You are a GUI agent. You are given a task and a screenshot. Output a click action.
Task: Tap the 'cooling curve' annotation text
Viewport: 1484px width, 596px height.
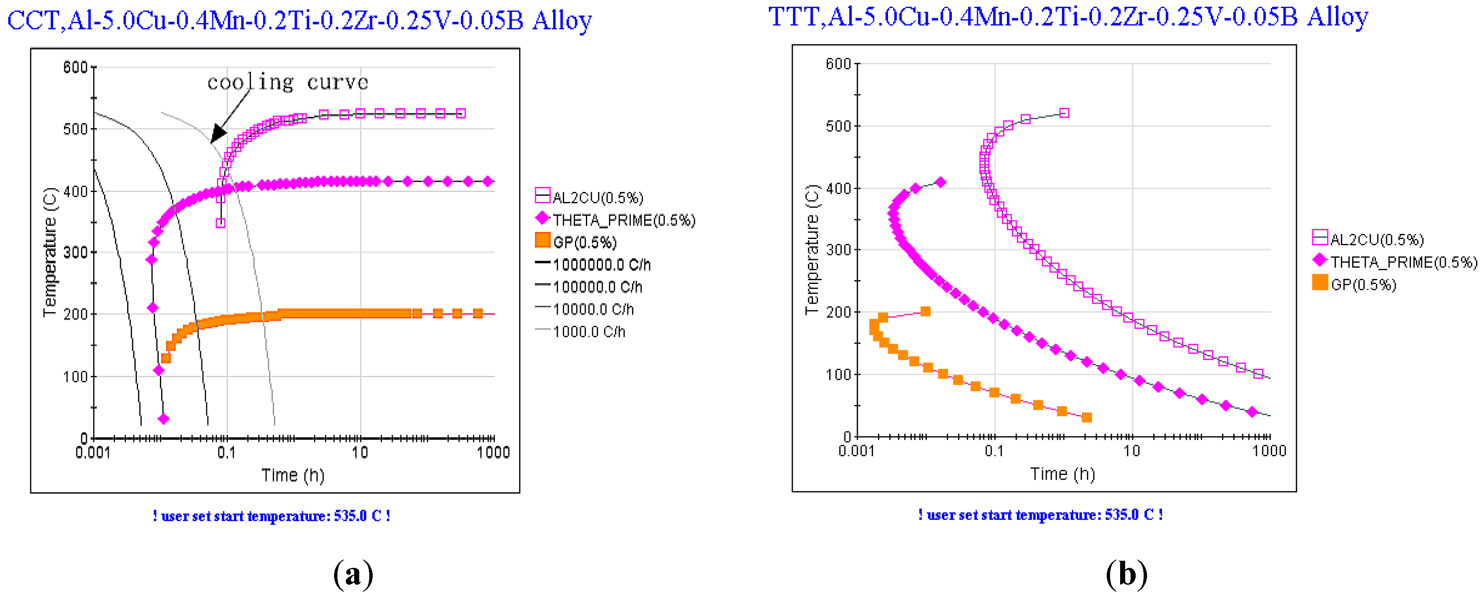point(287,82)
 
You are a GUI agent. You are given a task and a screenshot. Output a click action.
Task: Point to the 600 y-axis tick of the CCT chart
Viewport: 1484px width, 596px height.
point(75,68)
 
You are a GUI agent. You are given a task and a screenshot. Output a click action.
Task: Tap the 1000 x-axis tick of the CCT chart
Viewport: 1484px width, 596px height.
point(493,452)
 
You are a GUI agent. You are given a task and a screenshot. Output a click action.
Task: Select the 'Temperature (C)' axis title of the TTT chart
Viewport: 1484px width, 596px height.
point(812,249)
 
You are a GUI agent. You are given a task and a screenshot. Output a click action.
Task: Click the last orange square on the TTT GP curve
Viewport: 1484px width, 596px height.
point(1087,417)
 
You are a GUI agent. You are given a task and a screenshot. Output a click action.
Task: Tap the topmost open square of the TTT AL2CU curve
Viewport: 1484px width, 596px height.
point(1064,113)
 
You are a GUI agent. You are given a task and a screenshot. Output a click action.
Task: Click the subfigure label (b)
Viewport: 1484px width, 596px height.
point(1126,575)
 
